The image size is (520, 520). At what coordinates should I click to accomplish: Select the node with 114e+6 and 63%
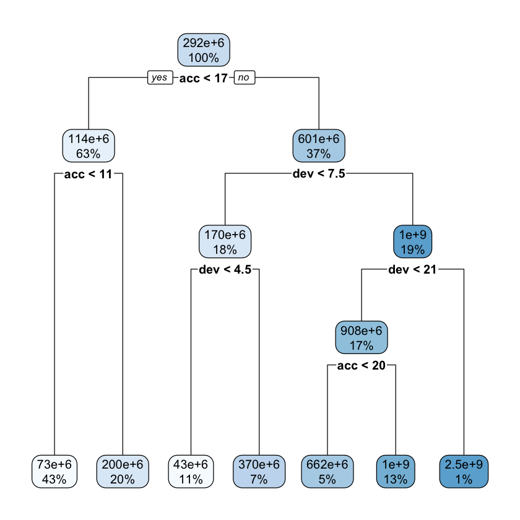click(89, 147)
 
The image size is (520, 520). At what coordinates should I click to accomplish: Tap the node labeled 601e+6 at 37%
click(319, 147)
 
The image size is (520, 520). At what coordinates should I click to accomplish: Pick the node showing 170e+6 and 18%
click(225, 242)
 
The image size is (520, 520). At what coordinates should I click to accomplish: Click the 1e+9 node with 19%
click(413, 242)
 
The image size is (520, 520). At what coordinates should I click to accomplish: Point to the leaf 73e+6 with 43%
click(54, 471)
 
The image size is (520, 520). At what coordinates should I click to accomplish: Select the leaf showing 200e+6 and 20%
click(123, 471)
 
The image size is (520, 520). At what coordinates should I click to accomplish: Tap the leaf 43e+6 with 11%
click(191, 471)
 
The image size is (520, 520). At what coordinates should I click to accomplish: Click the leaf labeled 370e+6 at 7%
click(259, 471)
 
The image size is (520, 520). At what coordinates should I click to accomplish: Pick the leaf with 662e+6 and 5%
click(327, 471)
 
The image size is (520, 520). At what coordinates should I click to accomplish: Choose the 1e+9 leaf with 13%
click(396, 471)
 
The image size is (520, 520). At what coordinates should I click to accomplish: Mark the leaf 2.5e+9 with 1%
click(464, 471)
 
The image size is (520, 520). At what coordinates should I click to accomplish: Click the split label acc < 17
click(204, 78)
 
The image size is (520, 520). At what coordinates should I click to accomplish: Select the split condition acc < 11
click(89, 175)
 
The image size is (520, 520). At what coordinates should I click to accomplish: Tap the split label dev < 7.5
click(319, 175)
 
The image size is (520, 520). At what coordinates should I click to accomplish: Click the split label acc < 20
click(362, 366)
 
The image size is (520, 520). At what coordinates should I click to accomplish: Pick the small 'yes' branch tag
click(160, 77)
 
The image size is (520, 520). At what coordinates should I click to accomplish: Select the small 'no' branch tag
click(244, 77)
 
